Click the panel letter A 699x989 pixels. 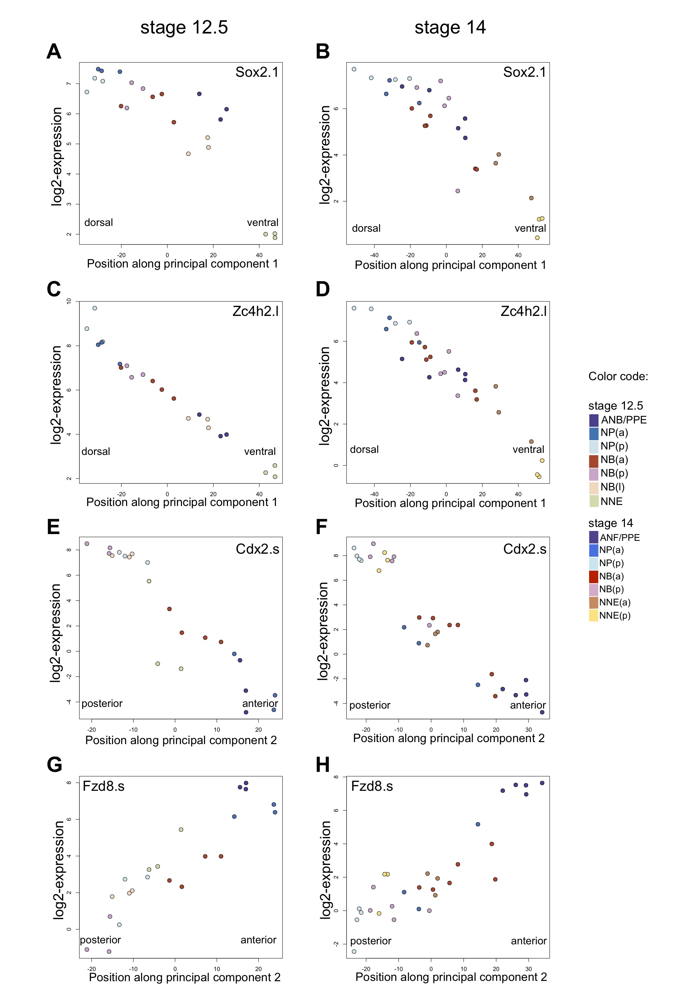54,52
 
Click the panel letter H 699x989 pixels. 323,765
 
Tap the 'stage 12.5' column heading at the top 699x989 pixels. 184,28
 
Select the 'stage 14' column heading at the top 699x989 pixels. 450,28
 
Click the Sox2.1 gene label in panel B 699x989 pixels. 524,72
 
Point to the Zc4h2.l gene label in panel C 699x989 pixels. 255,311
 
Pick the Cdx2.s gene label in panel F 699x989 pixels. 525,549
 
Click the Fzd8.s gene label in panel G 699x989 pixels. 103,786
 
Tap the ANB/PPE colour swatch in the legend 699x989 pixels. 593,420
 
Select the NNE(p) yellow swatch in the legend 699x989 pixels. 593,616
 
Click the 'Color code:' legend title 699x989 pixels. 618,376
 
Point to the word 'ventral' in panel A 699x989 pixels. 262,223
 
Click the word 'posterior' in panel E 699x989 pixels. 102,704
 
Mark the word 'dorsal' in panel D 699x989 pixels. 364,450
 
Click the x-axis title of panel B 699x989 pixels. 450,265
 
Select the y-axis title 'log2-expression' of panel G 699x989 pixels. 58,870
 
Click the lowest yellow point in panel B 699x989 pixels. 537,238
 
